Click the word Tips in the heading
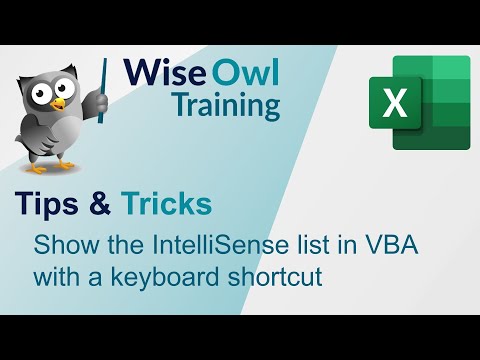[47, 204]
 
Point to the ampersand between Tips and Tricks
[102, 204]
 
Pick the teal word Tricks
[166, 204]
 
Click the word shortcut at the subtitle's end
[282, 276]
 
